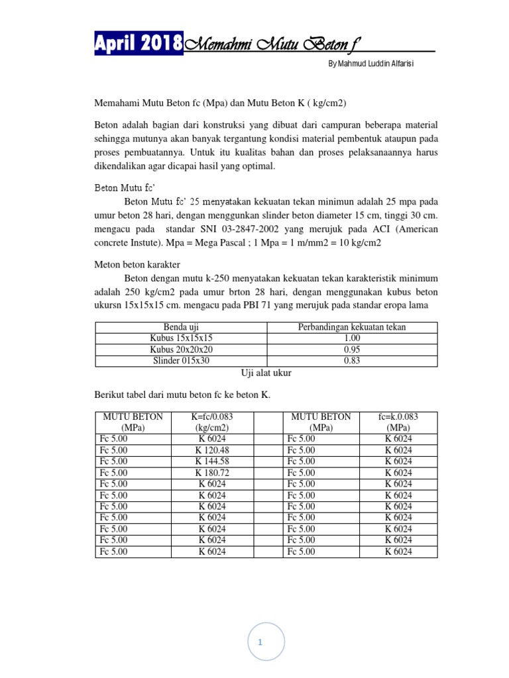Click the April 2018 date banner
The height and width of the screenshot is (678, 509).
click(139, 44)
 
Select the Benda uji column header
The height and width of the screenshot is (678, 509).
click(181, 327)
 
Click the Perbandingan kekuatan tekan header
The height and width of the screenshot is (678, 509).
click(351, 327)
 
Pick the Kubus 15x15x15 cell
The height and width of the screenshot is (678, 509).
click(181, 338)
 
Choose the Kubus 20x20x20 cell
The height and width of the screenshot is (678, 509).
click(181, 350)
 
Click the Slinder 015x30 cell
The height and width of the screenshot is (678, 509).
click(181, 361)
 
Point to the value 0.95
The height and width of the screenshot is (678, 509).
click(351, 350)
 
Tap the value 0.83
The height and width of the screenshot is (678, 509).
click(351, 361)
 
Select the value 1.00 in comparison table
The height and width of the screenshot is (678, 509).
click(351, 338)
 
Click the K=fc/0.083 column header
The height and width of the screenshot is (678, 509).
click(212, 422)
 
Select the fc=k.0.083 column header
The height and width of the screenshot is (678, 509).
click(398, 422)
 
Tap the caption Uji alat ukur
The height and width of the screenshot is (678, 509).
click(266, 373)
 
